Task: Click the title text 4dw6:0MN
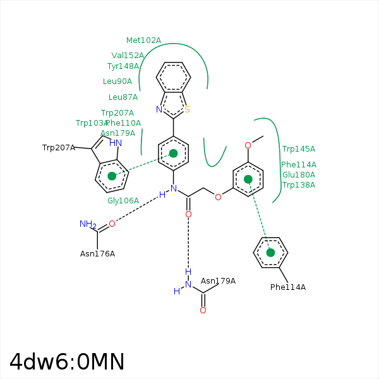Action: click(x=67, y=362)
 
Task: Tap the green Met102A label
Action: click(x=143, y=40)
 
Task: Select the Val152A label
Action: click(x=128, y=56)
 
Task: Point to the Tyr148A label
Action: click(x=123, y=66)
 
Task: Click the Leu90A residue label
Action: click(x=117, y=81)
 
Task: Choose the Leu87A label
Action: click(x=123, y=97)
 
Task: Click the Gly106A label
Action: click(x=123, y=201)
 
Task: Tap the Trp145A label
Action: click(x=299, y=149)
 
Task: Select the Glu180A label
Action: click(x=299, y=175)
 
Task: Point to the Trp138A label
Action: click(x=299, y=185)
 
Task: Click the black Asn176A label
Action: click(x=98, y=254)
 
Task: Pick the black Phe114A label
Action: click(x=288, y=287)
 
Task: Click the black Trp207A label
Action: click(x=59, y=148)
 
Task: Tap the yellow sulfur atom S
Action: click(x=187, y=109)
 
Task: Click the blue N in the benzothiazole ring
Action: click(x=159, y=109)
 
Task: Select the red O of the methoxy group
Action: click(x=248, y=145)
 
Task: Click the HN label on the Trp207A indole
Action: click(x=116, y=143)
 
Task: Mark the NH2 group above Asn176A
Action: click(x=87, y=224)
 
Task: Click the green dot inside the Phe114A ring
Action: click(x=270, y=253)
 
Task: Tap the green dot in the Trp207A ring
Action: click(x=112, y=176)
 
